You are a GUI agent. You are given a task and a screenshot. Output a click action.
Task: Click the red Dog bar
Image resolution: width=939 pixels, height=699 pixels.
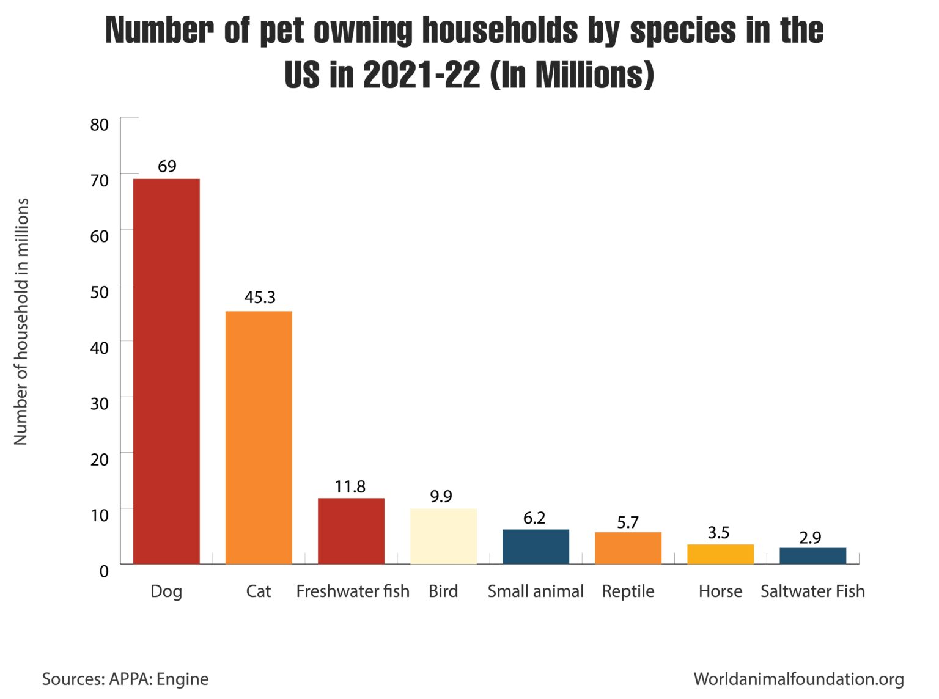166,371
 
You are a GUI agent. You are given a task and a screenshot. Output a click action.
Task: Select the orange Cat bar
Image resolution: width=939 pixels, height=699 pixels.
259,437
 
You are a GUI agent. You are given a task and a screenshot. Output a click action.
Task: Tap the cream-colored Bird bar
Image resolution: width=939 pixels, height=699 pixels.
443,536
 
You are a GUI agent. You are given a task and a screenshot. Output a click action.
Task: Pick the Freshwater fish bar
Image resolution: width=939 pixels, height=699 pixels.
351,530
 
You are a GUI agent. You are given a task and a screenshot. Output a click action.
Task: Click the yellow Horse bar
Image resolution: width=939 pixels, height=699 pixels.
720,554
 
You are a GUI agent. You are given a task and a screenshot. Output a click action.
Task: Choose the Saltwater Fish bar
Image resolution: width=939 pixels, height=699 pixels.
812,555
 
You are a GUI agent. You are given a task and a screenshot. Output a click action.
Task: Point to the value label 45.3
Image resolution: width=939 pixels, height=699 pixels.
260,298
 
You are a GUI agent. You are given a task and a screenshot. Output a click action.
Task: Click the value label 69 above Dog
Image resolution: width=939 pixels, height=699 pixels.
167,166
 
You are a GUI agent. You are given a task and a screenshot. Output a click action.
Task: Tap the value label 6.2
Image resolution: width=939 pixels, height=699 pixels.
534,518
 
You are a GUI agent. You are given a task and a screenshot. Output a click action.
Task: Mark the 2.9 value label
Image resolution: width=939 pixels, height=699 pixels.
810,538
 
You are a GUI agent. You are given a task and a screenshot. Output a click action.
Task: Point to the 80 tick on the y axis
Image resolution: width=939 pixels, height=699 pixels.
99,125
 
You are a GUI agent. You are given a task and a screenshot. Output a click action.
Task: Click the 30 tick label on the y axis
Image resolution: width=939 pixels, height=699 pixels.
99,403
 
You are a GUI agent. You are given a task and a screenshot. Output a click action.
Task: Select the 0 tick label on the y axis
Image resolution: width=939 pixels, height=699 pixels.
104,571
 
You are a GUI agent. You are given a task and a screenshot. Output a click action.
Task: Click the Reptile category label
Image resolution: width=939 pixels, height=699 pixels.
628,591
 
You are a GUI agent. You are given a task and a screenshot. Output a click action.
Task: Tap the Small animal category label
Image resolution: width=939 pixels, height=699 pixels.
536,591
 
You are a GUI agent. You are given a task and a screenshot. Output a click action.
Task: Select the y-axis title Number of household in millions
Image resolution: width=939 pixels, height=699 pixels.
21,321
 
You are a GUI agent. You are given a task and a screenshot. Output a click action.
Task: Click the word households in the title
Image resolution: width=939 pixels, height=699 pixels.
499,30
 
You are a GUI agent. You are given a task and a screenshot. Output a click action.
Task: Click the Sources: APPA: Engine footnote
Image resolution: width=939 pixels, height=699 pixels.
125,679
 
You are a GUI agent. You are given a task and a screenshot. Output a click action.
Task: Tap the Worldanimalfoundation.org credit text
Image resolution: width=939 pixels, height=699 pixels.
798,679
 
